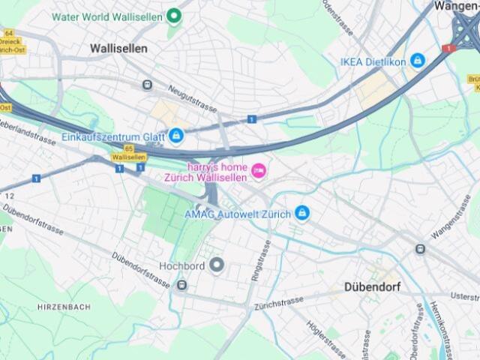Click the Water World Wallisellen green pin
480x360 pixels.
pos(174,15)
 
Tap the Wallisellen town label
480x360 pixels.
pos(118,48)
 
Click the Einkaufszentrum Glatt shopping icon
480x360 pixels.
pos(176,136)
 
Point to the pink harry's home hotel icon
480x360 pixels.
pos(258,171)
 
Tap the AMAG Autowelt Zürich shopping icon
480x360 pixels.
pos(302,214)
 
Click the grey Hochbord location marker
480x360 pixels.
pos(217,265)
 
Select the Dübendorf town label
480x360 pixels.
pos(372,286)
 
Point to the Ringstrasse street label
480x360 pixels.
pos(262,262)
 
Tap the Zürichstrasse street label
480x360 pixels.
pos(279,304)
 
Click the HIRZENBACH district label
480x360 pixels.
pos(64,307)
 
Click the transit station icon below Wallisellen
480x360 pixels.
pos(147,85)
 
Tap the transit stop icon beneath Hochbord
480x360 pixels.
pos(181,285)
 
